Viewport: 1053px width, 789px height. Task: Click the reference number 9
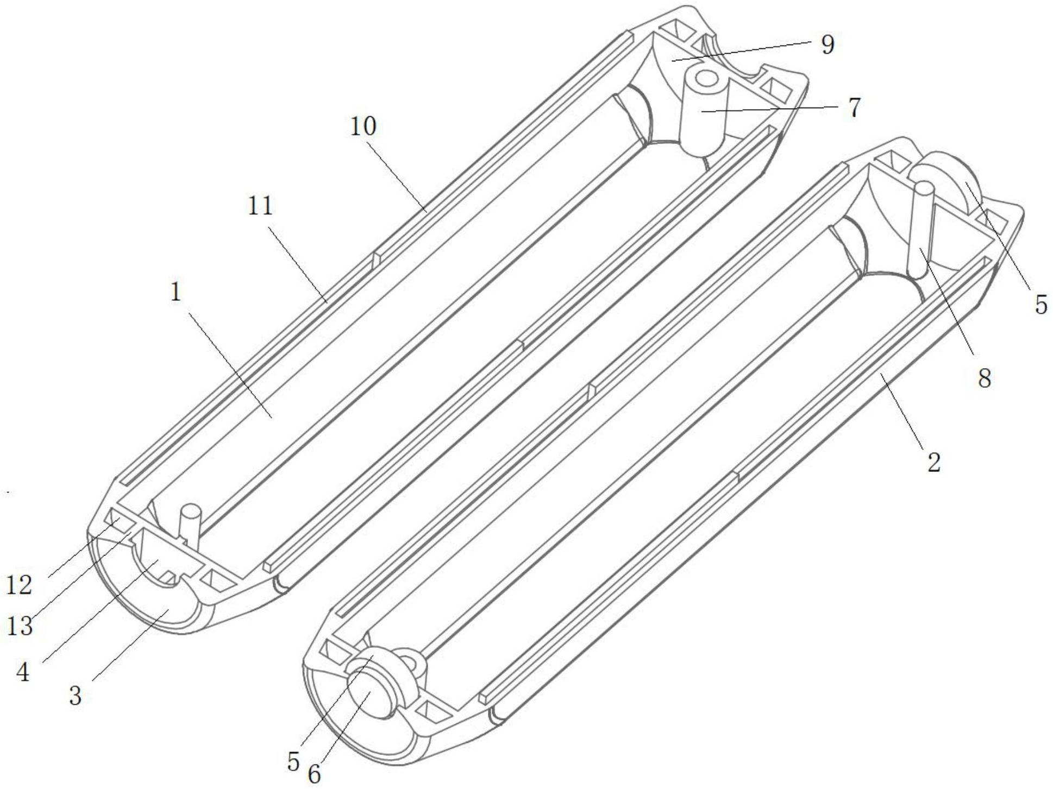pyautogui.click(x=827, y=45)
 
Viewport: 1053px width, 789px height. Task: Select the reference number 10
pyautogui.click(x=363, y=127)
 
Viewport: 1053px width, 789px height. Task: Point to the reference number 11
pyautogui.click(x=260, y=206)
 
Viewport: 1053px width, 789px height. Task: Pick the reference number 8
pyautogui.click(x=985, y=378)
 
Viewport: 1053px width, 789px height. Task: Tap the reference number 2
pyautogui.click(x=933, y=463)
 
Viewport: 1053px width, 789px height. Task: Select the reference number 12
pyautogui.click(x=20, y=586)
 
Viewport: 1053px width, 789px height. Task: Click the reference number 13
pyautogui.click(x=20, y=627)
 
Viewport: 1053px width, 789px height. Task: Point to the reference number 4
pyautogui.click(x=23, y=673)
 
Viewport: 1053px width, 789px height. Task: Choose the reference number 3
pyautogui.click(x=75, y=696)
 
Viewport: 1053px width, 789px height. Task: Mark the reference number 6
pyautogui.click(x=314, y=774)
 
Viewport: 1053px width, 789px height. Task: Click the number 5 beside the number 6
pyautogui.click(x=293, y=762)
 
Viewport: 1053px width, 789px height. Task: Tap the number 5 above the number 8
pyautogui.click(x=1041, y=305)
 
